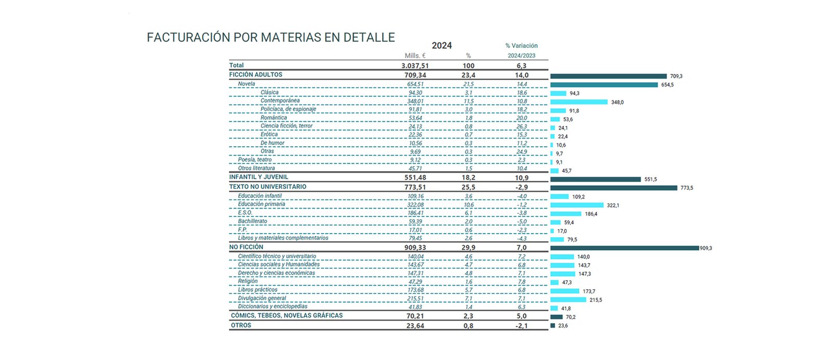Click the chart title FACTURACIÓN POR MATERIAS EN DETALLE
tap(271, 37)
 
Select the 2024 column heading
tap(441, 45)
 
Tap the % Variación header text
tap(521, 46)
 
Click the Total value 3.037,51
tap(415, 66)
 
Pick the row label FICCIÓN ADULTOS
tap(256, 75)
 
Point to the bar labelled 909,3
tap(624, 248)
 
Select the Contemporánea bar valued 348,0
tap(579, 102)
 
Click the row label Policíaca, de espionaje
tap(288, 109)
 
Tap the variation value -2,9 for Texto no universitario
tap(522, 187)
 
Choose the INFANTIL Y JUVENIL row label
tap(258, 177)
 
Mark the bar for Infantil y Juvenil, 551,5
tap(595, 179)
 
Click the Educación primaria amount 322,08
tap(415, 205)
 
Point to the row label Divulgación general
tap(262, 299)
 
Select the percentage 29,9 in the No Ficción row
tap(468, 248)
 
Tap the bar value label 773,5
tap(686, 188)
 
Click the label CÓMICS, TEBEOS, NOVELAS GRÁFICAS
tap(287, 316)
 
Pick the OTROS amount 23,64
tap(415, 326)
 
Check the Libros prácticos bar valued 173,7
tap(565, 291)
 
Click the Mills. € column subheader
tap(415, 56)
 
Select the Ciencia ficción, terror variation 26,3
tap(522, 126)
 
